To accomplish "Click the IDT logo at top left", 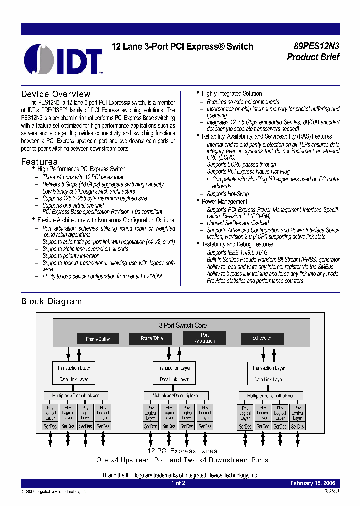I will pos(64,59).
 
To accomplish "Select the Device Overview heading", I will pos(56,94).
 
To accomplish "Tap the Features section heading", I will pos(39,162).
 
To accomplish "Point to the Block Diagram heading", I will pos(51,301).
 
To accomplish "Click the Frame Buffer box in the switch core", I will pos(98,339).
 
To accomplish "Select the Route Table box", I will pos(152,338).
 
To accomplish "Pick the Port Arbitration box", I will pos(205,338).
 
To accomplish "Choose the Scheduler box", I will pos(262,338).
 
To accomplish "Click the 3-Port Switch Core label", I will pos(183,325).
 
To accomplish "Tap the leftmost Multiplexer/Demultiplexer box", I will pos(74,395).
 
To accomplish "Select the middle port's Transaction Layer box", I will pos(174,368).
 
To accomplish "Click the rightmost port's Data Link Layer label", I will pos(269,380).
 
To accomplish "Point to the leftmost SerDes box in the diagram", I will pos(50,426).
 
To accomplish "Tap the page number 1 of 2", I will pos(178,483).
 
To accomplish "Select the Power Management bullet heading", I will pos(224,201).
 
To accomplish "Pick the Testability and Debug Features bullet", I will pos(237,244).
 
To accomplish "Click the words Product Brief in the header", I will pos(313,57).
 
